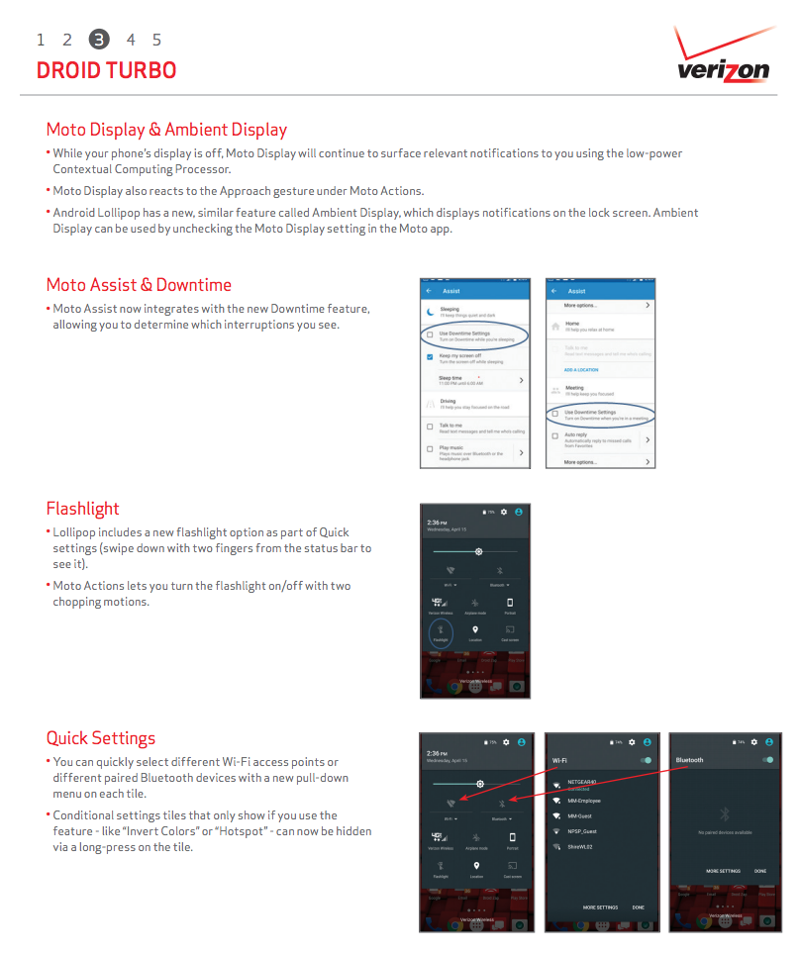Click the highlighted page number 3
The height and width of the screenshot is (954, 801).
[99, 40]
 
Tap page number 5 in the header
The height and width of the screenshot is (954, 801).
[156, 40]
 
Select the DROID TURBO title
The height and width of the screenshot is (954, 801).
[106, 71]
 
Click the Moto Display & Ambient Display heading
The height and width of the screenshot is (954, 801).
[166, 130]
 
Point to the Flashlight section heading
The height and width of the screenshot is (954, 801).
[82, 509]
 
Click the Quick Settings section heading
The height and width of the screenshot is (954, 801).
[100, 738]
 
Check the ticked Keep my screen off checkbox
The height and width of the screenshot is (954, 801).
[430, 356]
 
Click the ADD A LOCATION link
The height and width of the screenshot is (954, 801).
[581, 370]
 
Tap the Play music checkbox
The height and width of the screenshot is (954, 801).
[430, 450]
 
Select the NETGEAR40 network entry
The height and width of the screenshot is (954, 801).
[582, 783]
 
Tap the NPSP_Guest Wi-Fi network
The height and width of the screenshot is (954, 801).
[582, 831]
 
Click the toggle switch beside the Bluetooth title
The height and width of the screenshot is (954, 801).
[767, 760]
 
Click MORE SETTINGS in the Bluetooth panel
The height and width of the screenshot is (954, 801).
[723, 871]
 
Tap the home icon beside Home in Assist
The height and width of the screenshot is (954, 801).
[555, 325]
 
